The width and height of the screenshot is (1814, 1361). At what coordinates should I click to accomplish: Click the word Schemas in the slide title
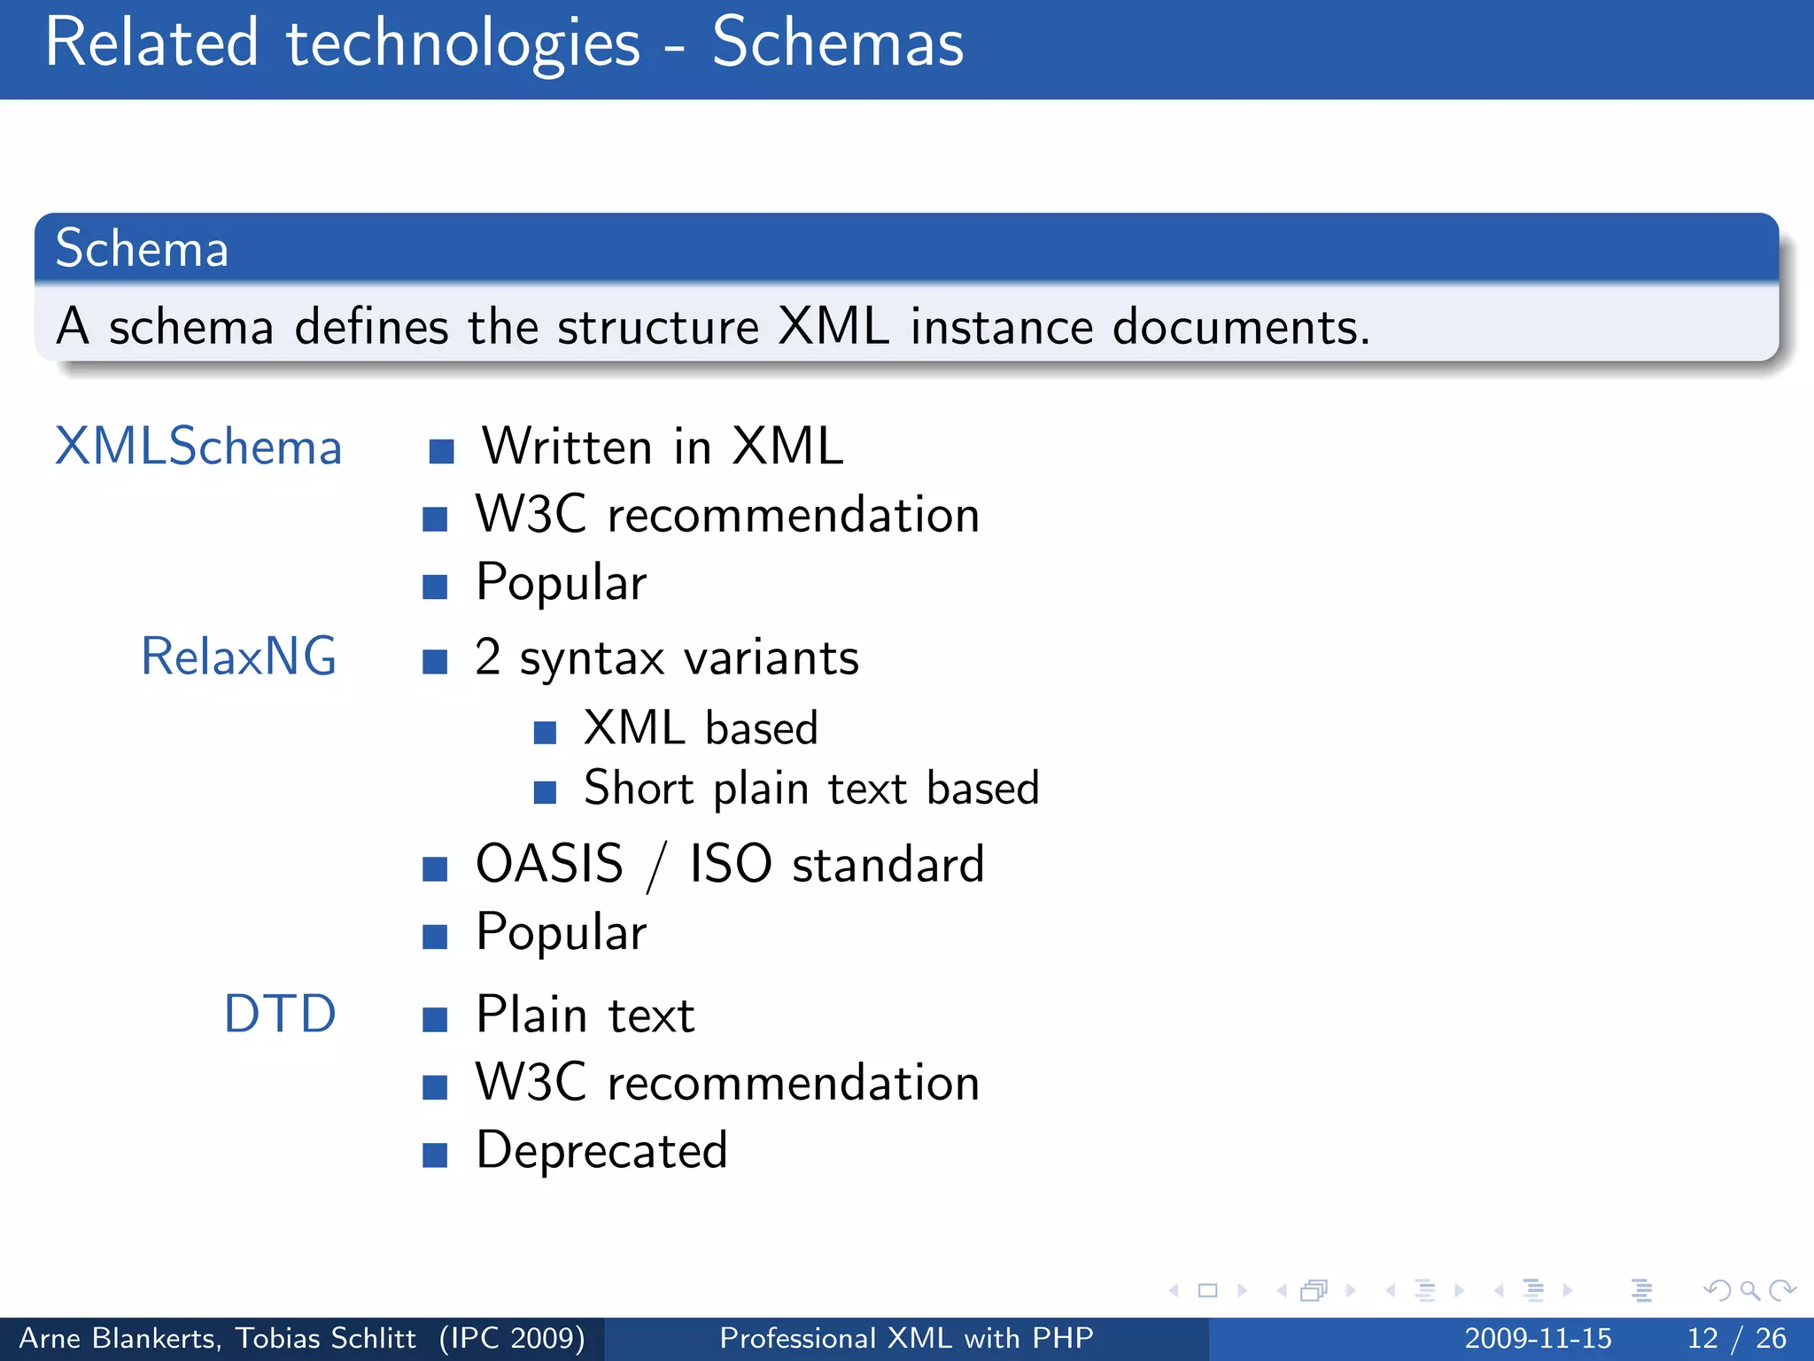point(837,43)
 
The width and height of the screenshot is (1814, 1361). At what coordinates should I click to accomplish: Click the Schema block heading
point(142,248)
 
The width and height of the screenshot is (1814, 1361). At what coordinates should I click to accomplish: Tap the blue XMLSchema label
point(198,447)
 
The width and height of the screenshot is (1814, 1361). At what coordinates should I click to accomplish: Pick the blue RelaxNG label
point(238,657)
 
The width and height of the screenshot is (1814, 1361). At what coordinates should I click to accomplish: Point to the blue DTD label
point(280,1014)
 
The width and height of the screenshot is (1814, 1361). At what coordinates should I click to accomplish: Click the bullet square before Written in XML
point(441,452)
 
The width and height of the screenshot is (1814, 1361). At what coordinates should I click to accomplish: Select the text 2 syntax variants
point(667,658)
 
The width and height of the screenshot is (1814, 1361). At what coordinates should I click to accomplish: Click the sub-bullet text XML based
point(700,728)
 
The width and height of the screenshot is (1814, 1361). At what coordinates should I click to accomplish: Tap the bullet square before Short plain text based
point(545,791)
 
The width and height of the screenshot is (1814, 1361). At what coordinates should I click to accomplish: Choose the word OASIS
point(549,864)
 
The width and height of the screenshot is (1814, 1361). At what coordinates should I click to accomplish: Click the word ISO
point(731,864)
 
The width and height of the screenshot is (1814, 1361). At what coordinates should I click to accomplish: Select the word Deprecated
point(601,1151)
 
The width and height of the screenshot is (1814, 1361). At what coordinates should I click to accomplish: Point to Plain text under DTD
point(585,1015)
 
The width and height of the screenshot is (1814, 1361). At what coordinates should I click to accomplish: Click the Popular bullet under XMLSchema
point(561,583)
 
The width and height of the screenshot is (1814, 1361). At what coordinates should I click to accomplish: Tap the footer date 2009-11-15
point(1538,1338)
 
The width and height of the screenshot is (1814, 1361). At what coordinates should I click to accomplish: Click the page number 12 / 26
point(1736,1338)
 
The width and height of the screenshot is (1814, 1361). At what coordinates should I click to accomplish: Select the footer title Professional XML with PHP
point(906,1338)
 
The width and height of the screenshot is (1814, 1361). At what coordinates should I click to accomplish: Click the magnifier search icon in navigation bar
point(1748,1291)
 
